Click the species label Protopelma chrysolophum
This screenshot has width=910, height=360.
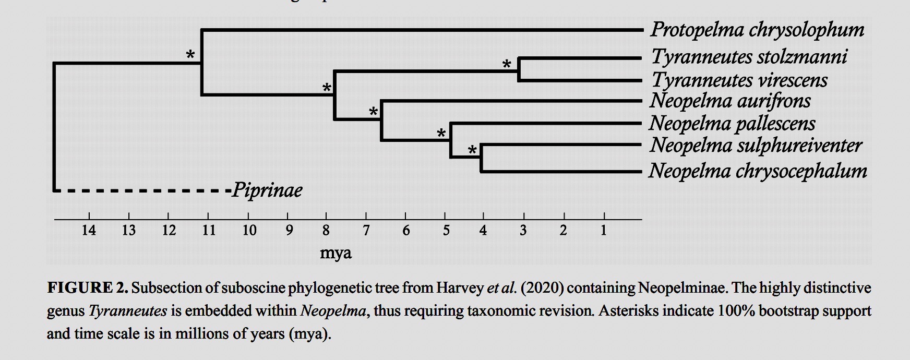point(757,30)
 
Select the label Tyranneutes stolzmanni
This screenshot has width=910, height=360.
point(749,56)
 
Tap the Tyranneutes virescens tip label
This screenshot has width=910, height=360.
point(739,80)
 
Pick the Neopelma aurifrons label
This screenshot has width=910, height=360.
point(730,101)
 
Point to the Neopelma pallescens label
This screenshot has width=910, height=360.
point(732,124)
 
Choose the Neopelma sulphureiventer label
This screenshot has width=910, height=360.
point(756,146)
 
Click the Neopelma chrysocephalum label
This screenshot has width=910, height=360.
point(758,171)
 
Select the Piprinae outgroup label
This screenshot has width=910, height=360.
point(267,190)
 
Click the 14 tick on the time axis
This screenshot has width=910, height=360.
point(89,230)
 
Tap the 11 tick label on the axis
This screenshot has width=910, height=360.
point(209,230)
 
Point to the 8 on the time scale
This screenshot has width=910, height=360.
point(326,230)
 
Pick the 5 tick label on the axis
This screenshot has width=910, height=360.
point(446,230)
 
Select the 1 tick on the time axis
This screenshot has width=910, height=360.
point(603,230)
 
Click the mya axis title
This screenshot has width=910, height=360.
point(336,254)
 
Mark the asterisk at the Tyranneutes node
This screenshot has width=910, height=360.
point(506,65)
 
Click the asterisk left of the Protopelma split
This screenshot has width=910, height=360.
point(191,55)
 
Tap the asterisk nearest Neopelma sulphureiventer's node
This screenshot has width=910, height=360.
point(472,151)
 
